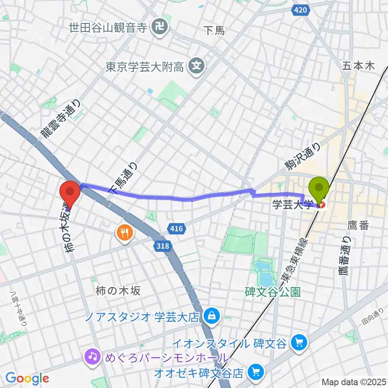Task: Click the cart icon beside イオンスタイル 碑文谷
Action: click(299, 343)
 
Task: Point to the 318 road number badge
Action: click(163, 245)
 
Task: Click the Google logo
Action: click(27, 378)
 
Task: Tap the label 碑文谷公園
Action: click(273, 292)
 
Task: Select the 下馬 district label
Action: click(214, 30)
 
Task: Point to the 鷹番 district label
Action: click(358, 225)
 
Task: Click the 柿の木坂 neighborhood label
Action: click(118, 291)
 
